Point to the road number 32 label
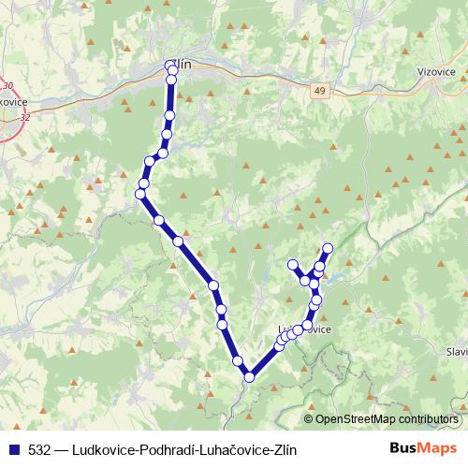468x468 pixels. pyautogui.click(x=22, y=118)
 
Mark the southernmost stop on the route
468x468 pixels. pyautogui.click(x=249, y=377)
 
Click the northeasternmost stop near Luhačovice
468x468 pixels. pyautogui.click(x=328, y=248)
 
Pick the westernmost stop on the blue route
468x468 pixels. pyautogui.click(x=140, y=194)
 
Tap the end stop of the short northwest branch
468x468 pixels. pyautogui.click(x=293, y=264)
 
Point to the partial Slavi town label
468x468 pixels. pyautogui.click(x=456, y=351)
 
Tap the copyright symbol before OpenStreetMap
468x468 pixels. pyautogui.click(x=309, y=420)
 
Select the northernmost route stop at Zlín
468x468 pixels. pyautogui.click(x=170, y=66)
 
